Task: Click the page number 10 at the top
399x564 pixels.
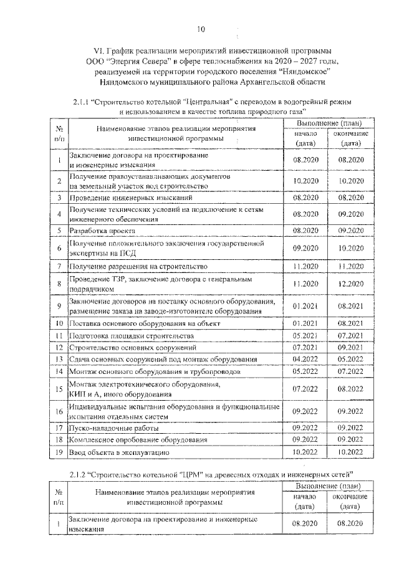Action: click(x=200, y=29)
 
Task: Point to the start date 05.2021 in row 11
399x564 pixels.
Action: click(x=305, y=335)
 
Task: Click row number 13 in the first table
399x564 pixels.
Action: click(x=58, y=360)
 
